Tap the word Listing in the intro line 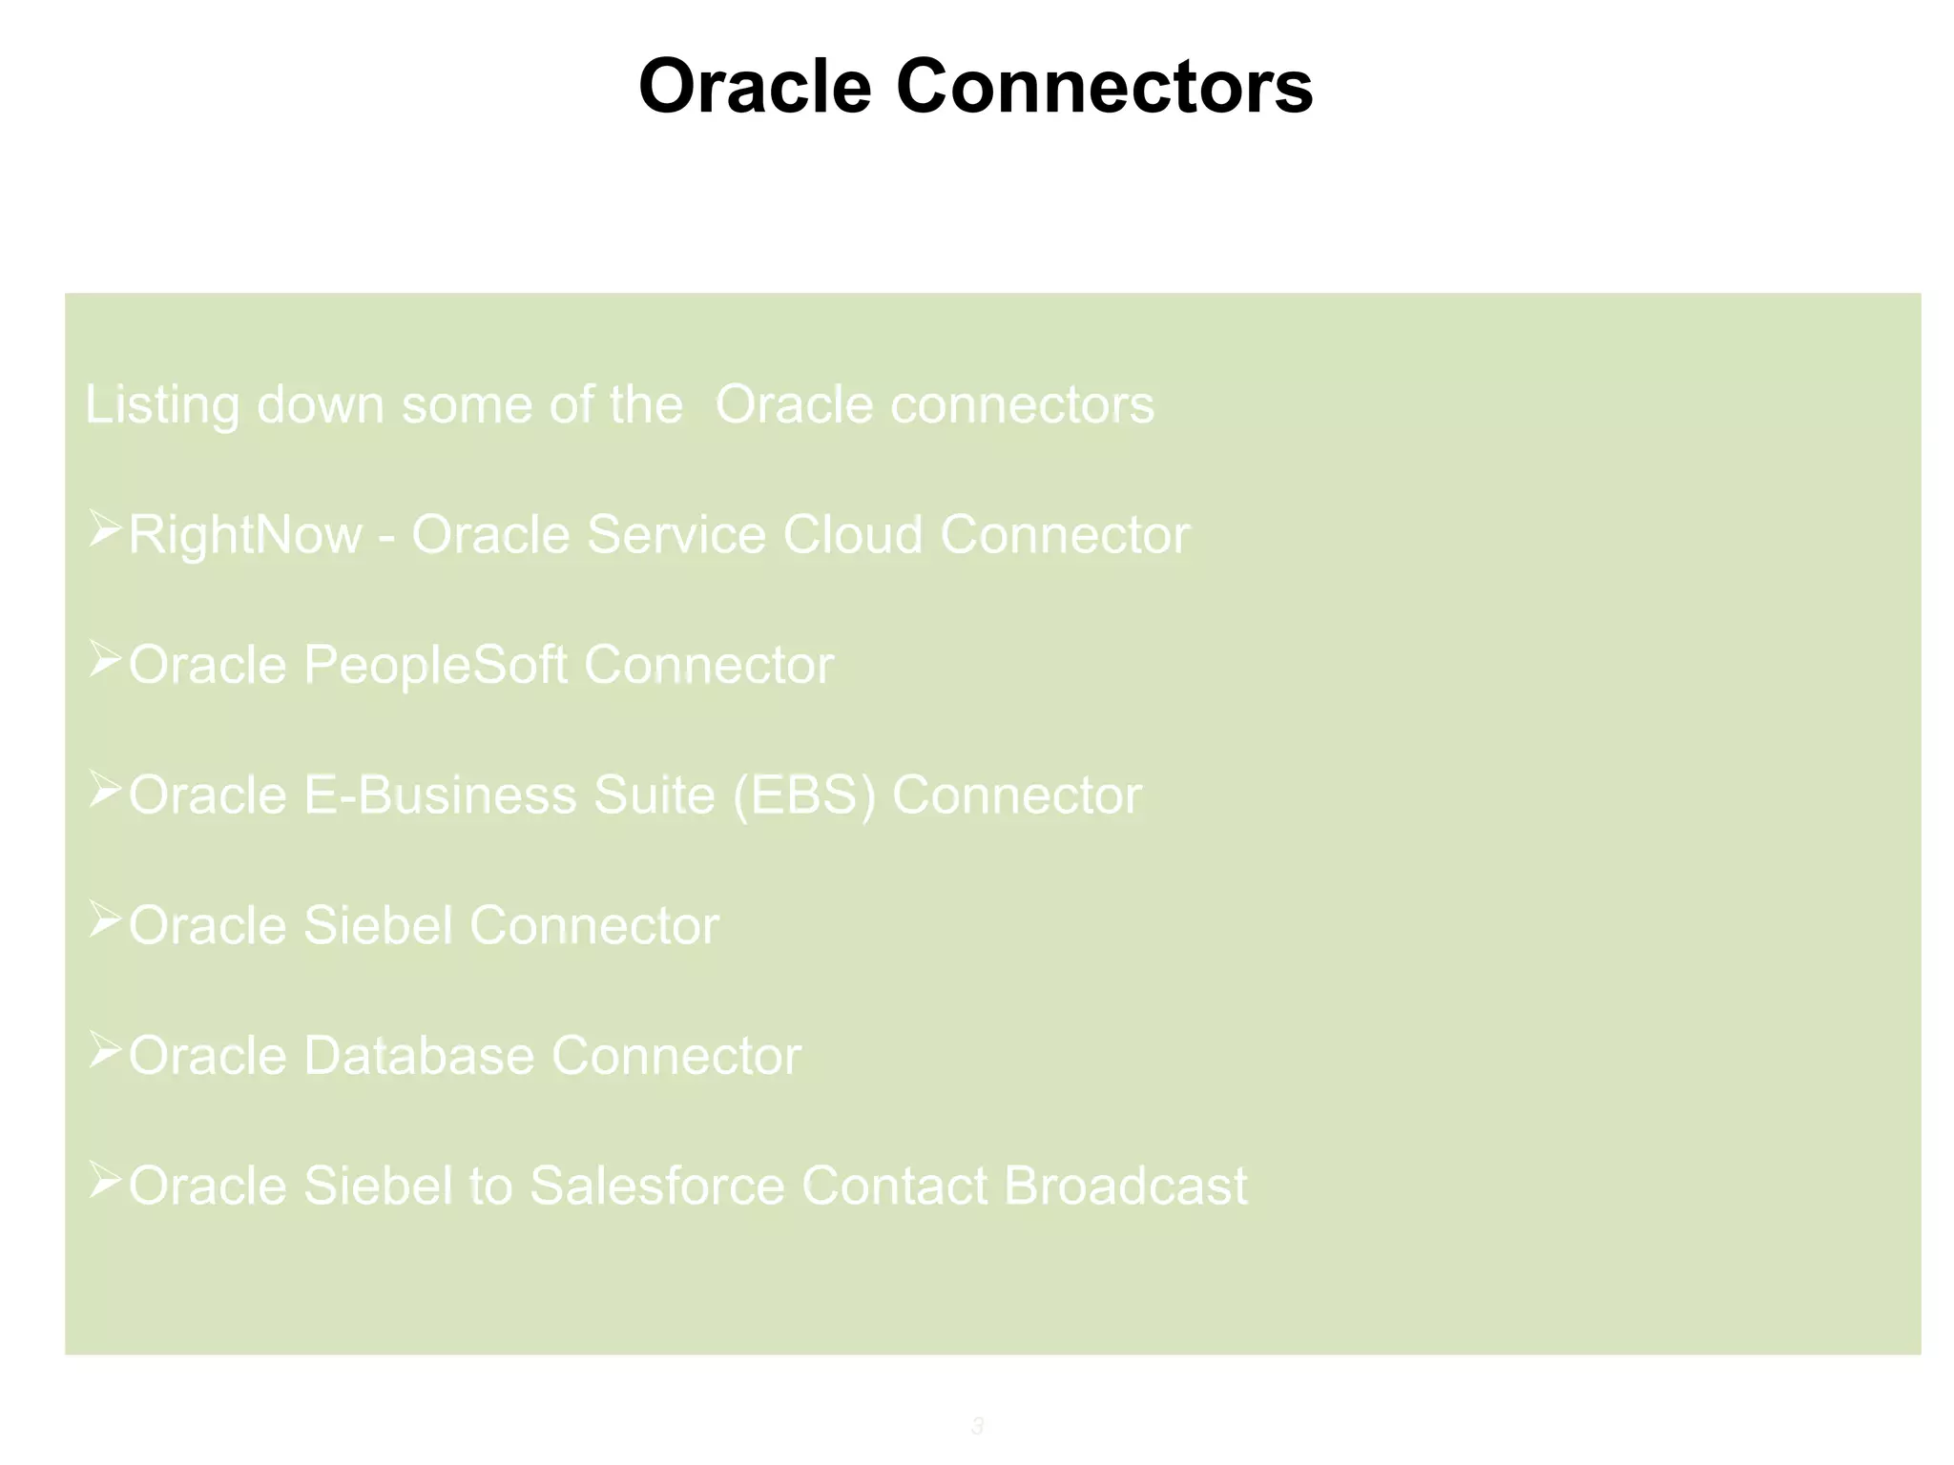coord(161,405)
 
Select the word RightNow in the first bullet coord(244,535)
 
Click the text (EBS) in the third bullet coord(803,795)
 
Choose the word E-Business coord(440,795)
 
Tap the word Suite coord(654,795)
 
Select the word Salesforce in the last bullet coord(656,1186)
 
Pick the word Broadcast coord(1125,1186)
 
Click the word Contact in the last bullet coord(894,1186)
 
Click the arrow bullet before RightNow coord(104,529)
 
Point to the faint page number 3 coord(977,1426)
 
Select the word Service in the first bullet coord(676,535)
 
